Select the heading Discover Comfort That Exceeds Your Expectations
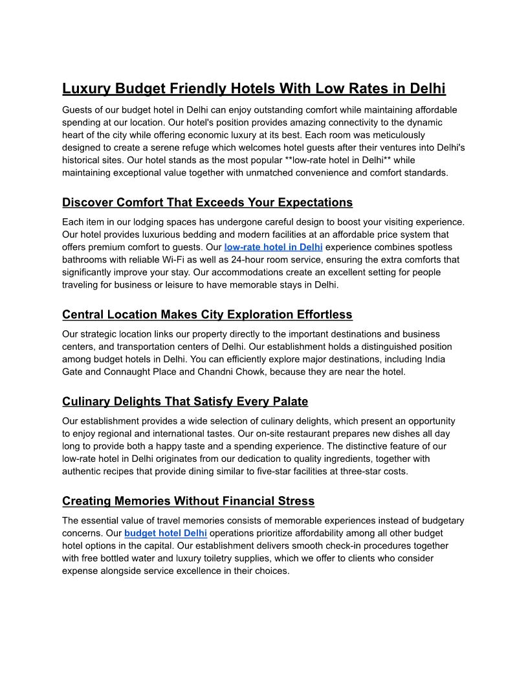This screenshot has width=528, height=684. click(x=207, y=203)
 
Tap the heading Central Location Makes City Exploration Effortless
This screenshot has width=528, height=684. click(x=207, y=315)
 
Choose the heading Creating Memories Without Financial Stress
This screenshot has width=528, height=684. click(x=188, y=501)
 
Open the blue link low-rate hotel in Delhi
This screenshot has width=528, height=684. click(x=273, y=247)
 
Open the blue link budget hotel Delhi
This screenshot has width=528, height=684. click(x=166, y=533)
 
